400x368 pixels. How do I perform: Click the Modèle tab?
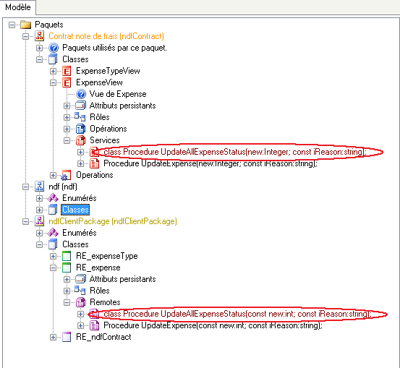pos(18,7)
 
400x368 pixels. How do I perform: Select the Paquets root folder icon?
pos(26,25)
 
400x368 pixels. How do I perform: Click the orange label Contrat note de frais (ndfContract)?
pos(106,36)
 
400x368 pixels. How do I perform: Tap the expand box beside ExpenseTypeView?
pos(53,71)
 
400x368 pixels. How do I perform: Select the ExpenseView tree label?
pos(99,82)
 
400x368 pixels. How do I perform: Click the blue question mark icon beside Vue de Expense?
pos(81,94)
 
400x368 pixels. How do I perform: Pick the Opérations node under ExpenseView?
pos(108,129)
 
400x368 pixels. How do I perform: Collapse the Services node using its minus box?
pos(67,140)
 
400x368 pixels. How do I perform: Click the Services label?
pos(105,140)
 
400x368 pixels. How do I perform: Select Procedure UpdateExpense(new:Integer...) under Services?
pos(210,163)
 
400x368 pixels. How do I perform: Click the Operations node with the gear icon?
pos(94,175)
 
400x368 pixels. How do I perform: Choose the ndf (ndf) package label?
pos(63,187)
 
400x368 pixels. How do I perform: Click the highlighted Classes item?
pos(75,210)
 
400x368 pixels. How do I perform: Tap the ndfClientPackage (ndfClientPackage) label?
pos(113,221)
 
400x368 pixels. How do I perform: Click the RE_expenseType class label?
pos(106,256)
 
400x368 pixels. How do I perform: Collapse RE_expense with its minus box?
pos(53,268)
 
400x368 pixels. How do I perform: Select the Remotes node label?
pos(105,302)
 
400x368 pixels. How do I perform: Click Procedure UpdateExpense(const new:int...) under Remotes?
pos(213,325)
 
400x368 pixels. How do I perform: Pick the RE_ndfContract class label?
pos(103,337)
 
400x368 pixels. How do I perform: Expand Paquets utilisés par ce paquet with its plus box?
pos(39,48)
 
